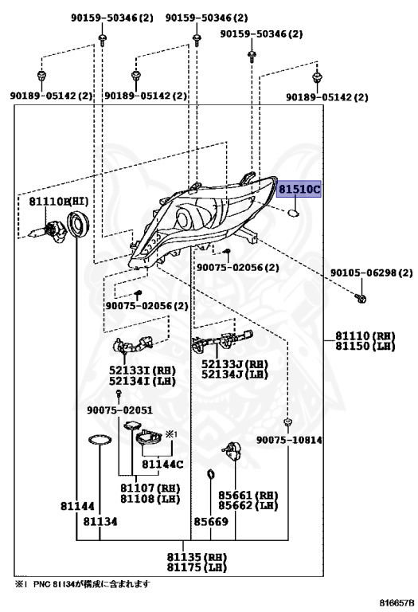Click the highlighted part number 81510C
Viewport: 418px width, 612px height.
pos(299,190)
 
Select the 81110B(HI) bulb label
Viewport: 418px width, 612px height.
pos(59,202)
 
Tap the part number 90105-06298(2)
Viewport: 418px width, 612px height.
pos(371,273)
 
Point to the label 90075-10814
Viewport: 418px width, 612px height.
pos(289,440)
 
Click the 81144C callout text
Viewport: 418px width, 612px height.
pos(162,464)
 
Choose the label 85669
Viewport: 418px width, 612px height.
pos(211,521)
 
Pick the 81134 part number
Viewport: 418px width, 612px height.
pos(100,521)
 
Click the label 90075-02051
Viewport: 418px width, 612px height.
pos(119,410)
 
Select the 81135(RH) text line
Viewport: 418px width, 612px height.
pos(197,557)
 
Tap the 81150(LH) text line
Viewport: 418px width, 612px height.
pos(365,346)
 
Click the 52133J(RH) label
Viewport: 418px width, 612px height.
pos(235,363)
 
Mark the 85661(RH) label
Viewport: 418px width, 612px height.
pos(248,495)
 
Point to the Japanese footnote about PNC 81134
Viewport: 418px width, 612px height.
pos(82,584)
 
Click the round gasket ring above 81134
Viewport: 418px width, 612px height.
pos(100,440)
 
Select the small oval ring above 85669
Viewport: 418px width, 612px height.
pos(210,475)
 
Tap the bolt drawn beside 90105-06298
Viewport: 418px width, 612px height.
pos(361,299)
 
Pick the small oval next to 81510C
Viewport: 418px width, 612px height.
pos(294,213)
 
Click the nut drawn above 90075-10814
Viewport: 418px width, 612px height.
pos(287,422)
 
